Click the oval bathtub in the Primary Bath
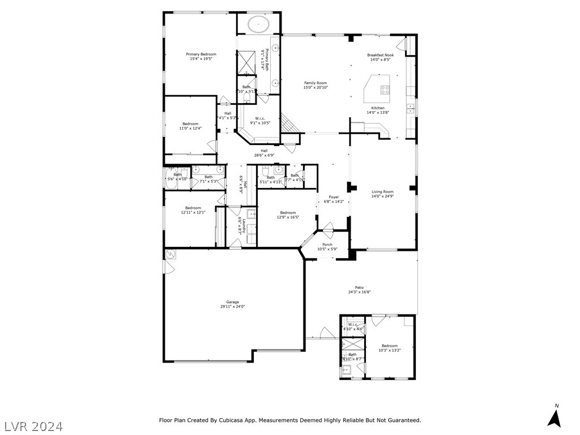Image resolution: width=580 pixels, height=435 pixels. pyautogui.click(x=259, y=24)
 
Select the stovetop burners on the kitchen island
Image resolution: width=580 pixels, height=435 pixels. pyautogui.click(x=385, y=88)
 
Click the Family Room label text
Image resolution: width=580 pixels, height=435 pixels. pyautogui.click(x=315, y=83)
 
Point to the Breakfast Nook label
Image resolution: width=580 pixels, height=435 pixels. pyautogui.click(x=380, y=55)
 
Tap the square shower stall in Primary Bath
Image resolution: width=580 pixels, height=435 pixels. pyautogui.click(x=246, y=62)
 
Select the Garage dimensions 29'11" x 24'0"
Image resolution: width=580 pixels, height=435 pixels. pyautogui.click(x=229, y=306)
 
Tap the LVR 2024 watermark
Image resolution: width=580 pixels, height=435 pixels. pyautogui.click(x=33, y=425)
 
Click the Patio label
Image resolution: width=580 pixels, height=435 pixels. pyautogui.click(x=359, y=288)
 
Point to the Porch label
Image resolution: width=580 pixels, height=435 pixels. pyautogui.click(x=327, y=245)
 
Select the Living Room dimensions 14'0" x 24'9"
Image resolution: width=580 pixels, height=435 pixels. pyautogui.click(x=382, y=197)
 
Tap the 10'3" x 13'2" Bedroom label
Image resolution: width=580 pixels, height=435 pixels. pyautogui.click(x=389, y=346)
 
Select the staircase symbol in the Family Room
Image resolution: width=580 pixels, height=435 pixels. pyautogui.click(x=289, y=123)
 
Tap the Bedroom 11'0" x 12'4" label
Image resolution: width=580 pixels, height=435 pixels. pyautogui.click(x=190, y=124)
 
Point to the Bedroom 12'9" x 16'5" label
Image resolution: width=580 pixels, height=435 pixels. pyautogui.click(x=288, y=213)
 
